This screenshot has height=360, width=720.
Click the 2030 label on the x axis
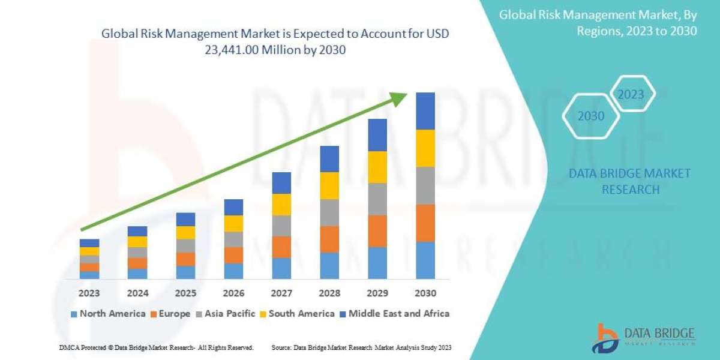click(x=425, y=294)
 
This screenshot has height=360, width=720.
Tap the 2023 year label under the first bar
click(x=89, y=294)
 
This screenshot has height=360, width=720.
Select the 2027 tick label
click(x=281, y=294)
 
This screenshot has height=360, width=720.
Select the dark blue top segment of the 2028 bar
click(x=329, y=158)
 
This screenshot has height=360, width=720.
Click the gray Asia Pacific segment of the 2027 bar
click(x=281, y=226)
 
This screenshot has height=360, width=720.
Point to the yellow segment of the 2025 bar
click(x=185, y=233)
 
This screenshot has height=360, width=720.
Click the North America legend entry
click(x=108, y=313)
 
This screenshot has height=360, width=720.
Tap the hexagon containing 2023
click(x=630, y=95)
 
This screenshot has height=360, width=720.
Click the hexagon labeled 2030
click(x=591, y=116)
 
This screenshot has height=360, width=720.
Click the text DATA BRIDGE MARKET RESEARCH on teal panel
click(x=630, y=181)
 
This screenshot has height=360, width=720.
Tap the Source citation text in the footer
click(x=361, y=347)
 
